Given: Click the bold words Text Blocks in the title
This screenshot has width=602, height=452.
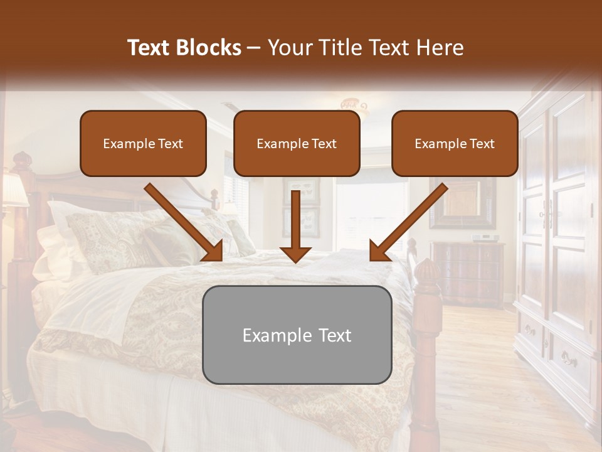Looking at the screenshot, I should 184,48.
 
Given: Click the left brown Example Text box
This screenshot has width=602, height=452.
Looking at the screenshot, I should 143,144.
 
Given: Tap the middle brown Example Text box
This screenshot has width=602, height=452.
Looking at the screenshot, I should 297,144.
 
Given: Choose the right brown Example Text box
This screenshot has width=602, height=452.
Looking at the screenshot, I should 455,144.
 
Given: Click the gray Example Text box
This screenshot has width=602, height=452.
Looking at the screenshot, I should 297,335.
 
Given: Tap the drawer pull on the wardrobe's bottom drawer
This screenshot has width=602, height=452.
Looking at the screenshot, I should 569,360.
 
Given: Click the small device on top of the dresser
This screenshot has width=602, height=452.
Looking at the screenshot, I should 484,238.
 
